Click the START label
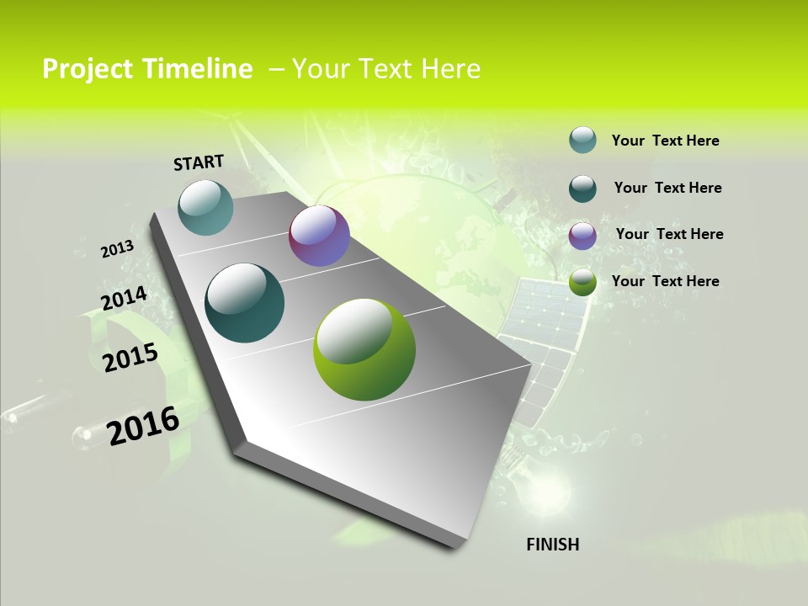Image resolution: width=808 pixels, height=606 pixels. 199,162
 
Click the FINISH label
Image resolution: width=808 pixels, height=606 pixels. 553,545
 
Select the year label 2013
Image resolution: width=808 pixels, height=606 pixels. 117,249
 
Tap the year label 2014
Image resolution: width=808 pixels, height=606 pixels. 124,299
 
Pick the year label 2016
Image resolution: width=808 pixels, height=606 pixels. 143,426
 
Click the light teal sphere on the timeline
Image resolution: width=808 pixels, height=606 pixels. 206,207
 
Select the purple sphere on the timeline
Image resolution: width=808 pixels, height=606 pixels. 319,236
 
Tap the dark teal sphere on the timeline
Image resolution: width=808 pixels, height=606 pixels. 245,303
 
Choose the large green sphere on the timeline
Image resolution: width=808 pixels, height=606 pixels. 364,349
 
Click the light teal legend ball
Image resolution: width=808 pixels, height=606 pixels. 582,140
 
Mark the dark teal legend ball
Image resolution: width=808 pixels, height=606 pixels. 582,189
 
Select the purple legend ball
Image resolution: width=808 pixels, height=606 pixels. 582,236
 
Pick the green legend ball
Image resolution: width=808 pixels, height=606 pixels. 582,283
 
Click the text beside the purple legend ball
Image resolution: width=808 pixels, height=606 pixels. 669,234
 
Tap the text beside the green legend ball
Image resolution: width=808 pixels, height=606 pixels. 665,281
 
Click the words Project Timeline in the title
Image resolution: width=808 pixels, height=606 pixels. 147,69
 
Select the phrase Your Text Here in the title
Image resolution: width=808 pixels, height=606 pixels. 386,69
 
